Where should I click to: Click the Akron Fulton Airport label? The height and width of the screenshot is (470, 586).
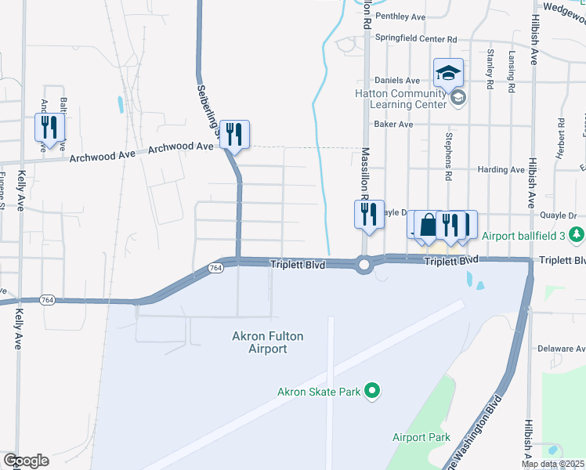[267, 342]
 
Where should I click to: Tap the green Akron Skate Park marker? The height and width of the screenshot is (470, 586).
[373, 389]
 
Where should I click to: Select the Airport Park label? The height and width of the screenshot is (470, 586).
[421, 437]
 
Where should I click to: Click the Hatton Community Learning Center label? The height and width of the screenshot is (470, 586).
[402, 98]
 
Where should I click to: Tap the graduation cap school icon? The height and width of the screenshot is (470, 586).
[448, 73]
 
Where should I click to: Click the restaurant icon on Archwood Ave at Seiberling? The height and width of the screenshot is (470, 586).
[234, 134]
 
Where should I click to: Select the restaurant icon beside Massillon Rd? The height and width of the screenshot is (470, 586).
[367, 213]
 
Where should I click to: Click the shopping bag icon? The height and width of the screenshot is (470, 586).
[428, 225]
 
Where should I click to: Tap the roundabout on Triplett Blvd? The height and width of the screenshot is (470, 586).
[364, 266]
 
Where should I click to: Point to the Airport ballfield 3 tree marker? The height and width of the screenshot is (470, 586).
[577, 234]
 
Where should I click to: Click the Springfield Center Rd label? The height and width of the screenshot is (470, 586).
[416, 38]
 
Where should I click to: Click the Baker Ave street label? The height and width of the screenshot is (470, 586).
[393, 124]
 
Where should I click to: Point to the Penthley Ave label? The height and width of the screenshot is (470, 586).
[400, 16]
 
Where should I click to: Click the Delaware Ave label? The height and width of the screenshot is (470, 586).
[559, 348]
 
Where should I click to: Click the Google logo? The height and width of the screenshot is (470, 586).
[26, 461]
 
